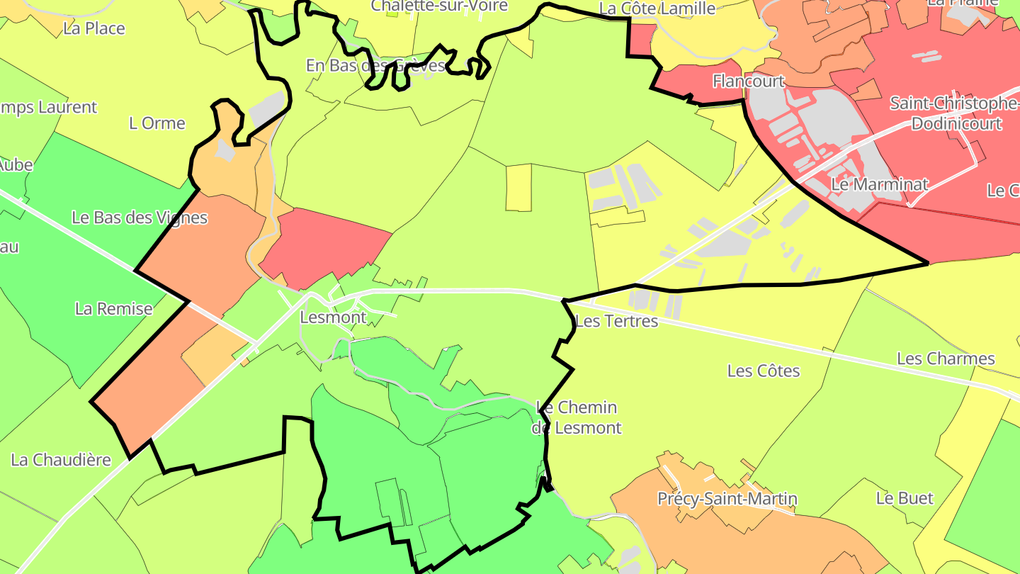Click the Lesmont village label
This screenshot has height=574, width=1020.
(333, 317)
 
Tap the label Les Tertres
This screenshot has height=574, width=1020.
(616, 322)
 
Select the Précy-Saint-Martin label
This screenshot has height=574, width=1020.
(727, 499)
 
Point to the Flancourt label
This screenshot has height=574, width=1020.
(748, 81)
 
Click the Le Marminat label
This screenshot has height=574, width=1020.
(879, 185)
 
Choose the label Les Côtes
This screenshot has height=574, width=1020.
(764, 371)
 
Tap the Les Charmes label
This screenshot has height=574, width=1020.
(946, 359)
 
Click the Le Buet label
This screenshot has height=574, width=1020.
(905, 498)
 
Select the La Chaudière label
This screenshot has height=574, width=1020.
(61, 460)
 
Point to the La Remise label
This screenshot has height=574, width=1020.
(113, 309)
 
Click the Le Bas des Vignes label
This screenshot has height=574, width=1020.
(140, 218)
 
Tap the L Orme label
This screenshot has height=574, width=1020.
(157, 123)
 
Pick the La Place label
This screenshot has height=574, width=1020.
(93, 29)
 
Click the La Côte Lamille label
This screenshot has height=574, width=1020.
(657, 9)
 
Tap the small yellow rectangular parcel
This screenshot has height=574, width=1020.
(518, 187)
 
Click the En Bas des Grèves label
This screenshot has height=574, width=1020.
(375, 66)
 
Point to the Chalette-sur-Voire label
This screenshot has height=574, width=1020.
(439, 6)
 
